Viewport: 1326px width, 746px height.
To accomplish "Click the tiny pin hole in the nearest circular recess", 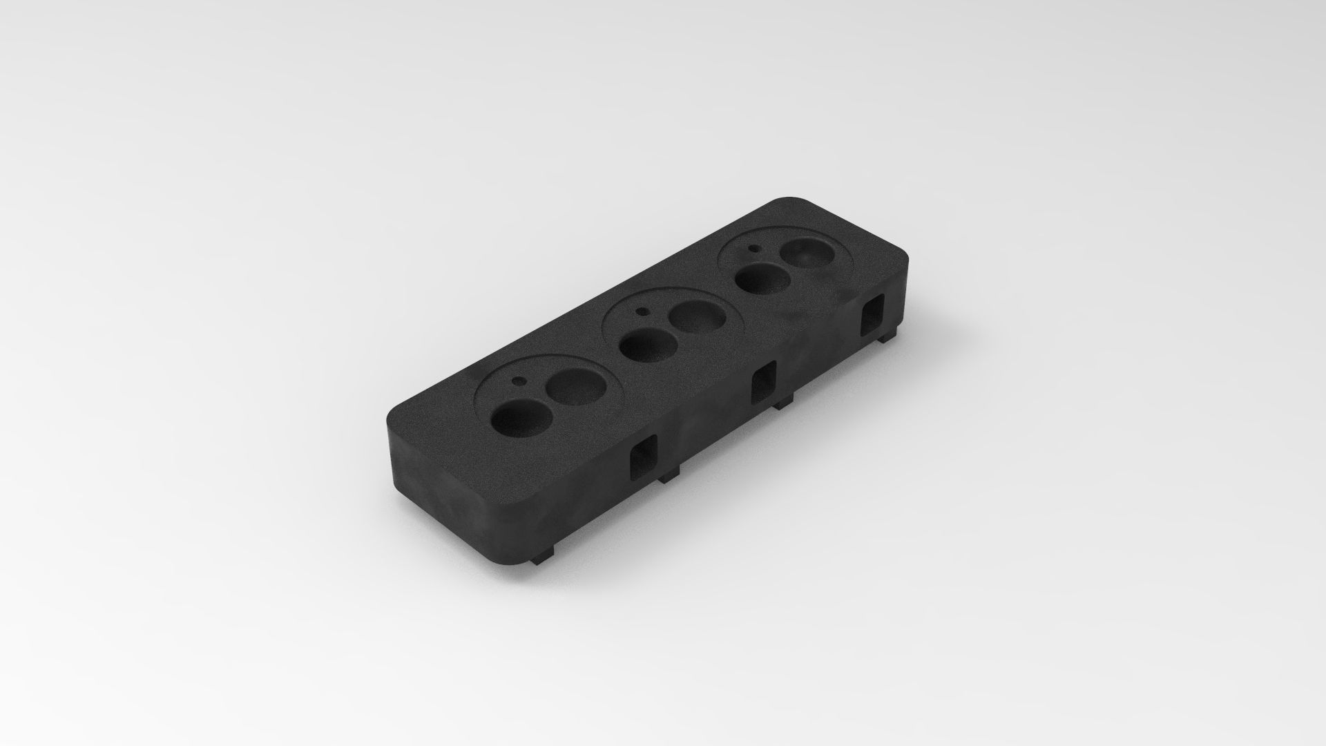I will [x=517, y=380].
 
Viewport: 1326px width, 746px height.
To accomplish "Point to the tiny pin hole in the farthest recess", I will [x=754, y=247].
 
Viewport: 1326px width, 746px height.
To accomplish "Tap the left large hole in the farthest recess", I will [x=760, y=279].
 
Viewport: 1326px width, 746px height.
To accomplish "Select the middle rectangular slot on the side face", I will [x=764, y=383].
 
